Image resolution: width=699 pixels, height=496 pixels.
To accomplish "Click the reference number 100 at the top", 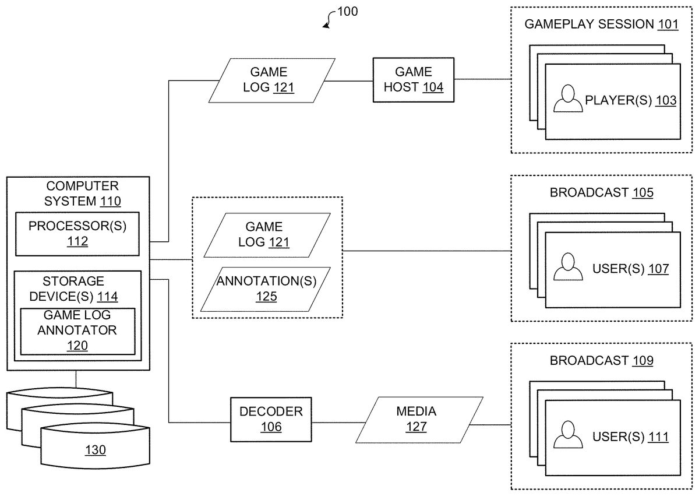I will pyautogui.click(x=348, y=11).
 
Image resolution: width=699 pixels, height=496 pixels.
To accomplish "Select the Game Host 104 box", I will pyautogui.click(x=414, y=80).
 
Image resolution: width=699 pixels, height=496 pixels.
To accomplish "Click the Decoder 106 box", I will pyautogui.click(x=271, y=419).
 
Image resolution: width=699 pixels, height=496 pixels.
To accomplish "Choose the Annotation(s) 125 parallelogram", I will pyautogui.click(x=266, y=289).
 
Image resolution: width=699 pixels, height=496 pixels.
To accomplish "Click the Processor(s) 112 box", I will pyautogui.click(x=77, y=234).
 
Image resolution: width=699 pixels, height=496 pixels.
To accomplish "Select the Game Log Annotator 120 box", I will pyautogui.click(x=77, y=330).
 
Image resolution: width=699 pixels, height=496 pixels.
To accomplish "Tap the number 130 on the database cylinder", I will pyautogui.click(x=96, y=450).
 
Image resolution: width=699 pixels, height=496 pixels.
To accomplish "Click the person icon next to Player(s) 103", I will pyautogui.click(x=567, y=99).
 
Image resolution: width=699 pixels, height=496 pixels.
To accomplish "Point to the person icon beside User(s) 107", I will pyautogui.click(x=567, y=267).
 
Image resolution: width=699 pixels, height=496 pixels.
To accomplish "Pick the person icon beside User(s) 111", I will pyautogui.click(x=567, y=435).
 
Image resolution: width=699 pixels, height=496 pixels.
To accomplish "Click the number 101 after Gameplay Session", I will pyautogui.click(x=668, y=24).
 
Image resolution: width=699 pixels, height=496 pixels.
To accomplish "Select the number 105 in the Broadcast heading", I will pyautogui.click(x=642, y=193).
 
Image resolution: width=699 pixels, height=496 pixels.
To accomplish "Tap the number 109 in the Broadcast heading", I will pyautogui.click(x=642, y=361).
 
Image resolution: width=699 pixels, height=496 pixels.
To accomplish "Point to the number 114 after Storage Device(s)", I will pyautogui.click(x=107, y=297).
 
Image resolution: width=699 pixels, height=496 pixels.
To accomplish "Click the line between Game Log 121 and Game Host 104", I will pyautogui.click(x=348, y=80).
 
